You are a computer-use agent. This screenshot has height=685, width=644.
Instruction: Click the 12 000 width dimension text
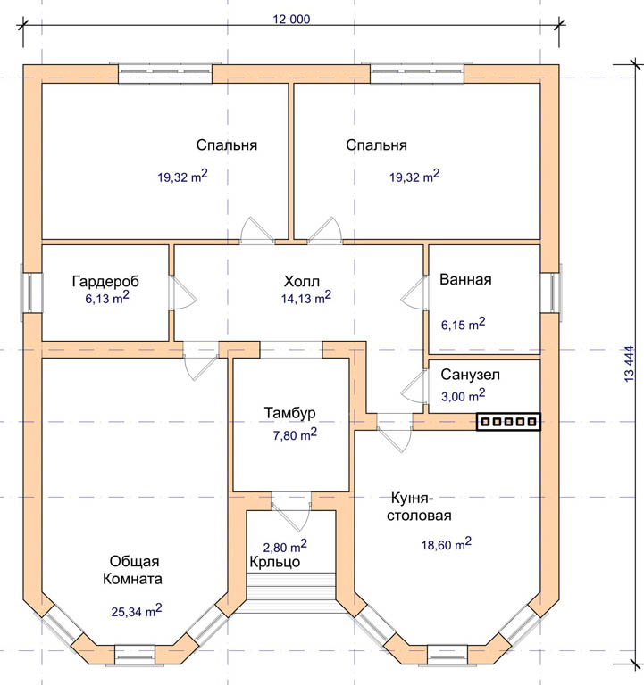(291, 20)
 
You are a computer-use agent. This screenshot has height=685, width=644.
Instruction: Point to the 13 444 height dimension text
(629, 364)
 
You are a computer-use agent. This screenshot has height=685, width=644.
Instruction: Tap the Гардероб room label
(105, 281)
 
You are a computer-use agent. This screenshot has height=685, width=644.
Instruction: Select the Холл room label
(301, 281)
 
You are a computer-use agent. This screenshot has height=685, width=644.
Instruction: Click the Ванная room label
(465, 279)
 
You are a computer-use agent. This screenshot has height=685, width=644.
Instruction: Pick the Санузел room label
(470, 375)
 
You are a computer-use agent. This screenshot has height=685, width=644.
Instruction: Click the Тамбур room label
(289, 413)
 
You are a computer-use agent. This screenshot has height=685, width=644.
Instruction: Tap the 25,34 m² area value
(137, 610)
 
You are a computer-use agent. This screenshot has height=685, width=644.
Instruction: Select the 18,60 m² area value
(447, 544)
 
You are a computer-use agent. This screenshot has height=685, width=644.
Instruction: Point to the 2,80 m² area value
(285, 546)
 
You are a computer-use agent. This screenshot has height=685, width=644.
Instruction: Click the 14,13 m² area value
(305, 298)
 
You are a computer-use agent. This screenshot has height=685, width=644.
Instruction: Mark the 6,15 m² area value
(463, 324)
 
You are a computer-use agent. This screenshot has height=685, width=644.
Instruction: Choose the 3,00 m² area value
(463, 395)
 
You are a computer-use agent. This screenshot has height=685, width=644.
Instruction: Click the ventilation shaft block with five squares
(509, 422)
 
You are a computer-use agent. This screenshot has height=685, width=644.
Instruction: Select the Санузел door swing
(414, 386)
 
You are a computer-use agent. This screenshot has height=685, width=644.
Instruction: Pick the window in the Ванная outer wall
(550, 293)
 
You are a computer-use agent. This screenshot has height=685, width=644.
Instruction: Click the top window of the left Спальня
(165, 72)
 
